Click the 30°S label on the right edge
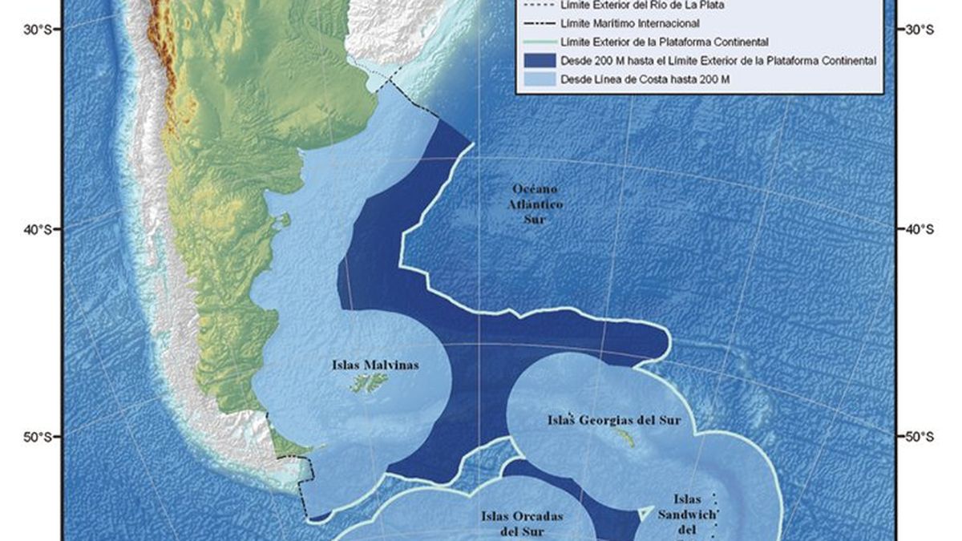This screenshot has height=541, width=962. pos(920,30)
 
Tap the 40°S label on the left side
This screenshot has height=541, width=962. pos(37,230)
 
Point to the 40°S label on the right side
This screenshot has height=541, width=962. pos(920,229)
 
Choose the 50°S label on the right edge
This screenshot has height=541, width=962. pos(920,437)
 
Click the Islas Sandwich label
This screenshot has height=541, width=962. pos(687,513)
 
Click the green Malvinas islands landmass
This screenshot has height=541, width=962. pos(369,385)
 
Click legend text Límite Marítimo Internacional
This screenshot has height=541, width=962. pos(631,23)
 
